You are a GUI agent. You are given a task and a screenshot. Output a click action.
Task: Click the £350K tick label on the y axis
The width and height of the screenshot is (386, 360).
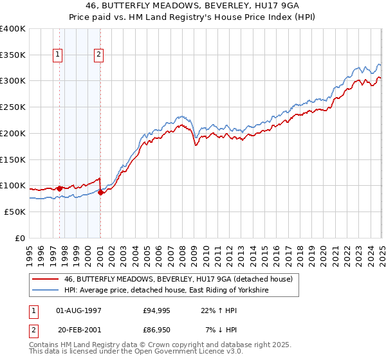click(x=12, y=55)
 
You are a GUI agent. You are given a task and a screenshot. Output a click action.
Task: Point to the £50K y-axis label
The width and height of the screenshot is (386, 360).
click(x=14, y=212)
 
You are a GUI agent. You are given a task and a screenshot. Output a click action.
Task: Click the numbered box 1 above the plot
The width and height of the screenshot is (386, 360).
click(x=59, y=55)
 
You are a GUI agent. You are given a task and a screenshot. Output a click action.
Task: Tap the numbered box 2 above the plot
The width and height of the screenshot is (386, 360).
click(x=99, y=55)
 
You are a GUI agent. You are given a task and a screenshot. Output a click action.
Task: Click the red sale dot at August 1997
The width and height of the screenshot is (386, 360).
click(x=59, y=188)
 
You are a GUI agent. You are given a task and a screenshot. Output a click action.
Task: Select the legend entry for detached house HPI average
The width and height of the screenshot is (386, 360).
click(x=166, y=291)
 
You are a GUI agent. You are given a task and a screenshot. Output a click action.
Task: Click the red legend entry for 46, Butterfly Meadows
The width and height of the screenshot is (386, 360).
click(x=178, y=279)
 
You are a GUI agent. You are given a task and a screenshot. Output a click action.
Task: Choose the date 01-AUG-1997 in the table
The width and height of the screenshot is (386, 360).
click(x=79, y=310)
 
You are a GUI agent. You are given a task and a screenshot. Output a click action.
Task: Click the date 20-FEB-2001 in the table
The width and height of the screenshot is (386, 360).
click(x=79, y=330)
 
